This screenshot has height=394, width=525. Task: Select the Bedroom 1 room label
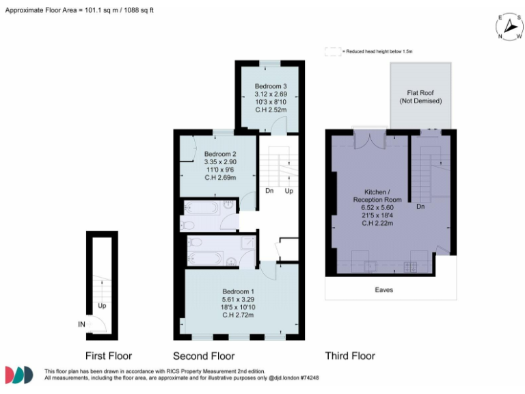(x=238, y=291)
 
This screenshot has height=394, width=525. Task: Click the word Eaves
(x=384, y=290)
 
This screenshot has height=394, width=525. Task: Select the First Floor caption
(x=109, y=356)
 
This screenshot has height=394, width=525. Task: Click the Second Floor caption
(x=204, y=356)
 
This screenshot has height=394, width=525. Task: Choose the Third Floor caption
(x=350, y=356)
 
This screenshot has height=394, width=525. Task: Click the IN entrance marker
(x=81, y=324)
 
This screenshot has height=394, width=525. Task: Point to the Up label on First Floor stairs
(x=102, y=306)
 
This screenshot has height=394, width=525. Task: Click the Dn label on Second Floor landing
(x=269, y=191)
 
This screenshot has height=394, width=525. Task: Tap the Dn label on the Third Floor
(x=420, y=206)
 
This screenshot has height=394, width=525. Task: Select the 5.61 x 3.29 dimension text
(x=238, y=300)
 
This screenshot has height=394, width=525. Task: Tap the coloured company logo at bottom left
(x=19, y=374)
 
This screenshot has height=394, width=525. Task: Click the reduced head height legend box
(x=332, y=51)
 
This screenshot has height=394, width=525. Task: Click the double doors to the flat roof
(x=369, y=142)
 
